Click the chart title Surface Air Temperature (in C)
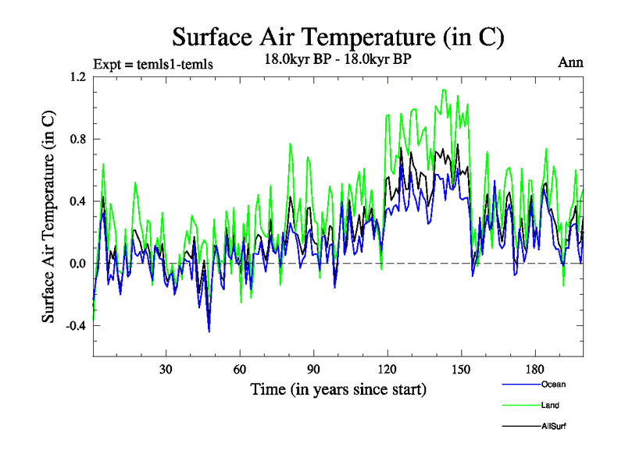point(338,37)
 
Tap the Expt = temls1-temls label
point(153,63)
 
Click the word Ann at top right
point(570,62)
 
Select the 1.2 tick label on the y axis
point(77,77)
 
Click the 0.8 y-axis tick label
point(77,140)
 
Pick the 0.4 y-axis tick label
point(77,201)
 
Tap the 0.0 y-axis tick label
point(77,264)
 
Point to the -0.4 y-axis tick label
point(76,326)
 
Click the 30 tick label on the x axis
point(166,369)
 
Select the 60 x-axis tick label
point(240,369)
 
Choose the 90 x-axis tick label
point(313,369)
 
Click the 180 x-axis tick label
point(535,369)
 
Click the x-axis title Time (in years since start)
point(338,388)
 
